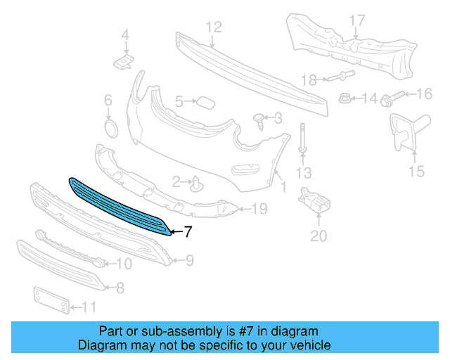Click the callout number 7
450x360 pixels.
pyautogui.click(x=187, y=231)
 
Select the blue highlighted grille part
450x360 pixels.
pyautogui.click(x=120, y=205)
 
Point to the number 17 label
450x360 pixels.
pyautogui.click(x=357, y=20)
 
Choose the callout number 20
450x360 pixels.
pyautogui.click(x=319, y=236)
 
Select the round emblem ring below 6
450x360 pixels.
pyautogui.click(x=110, y=129)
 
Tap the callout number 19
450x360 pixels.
pyautogui.click(x=259, y=208)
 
